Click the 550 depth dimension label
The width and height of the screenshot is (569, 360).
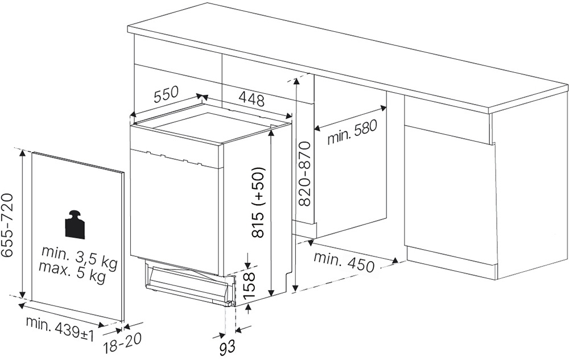[167, 94]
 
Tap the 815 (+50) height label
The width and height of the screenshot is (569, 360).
[259, 202]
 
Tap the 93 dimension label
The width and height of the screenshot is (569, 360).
[227, 347]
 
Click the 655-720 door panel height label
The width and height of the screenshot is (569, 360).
[7, 225]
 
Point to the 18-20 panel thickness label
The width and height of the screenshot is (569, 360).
[122, 343]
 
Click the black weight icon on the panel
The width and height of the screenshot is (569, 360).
[75, 225]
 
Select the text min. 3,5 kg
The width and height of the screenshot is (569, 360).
[80, 257]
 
